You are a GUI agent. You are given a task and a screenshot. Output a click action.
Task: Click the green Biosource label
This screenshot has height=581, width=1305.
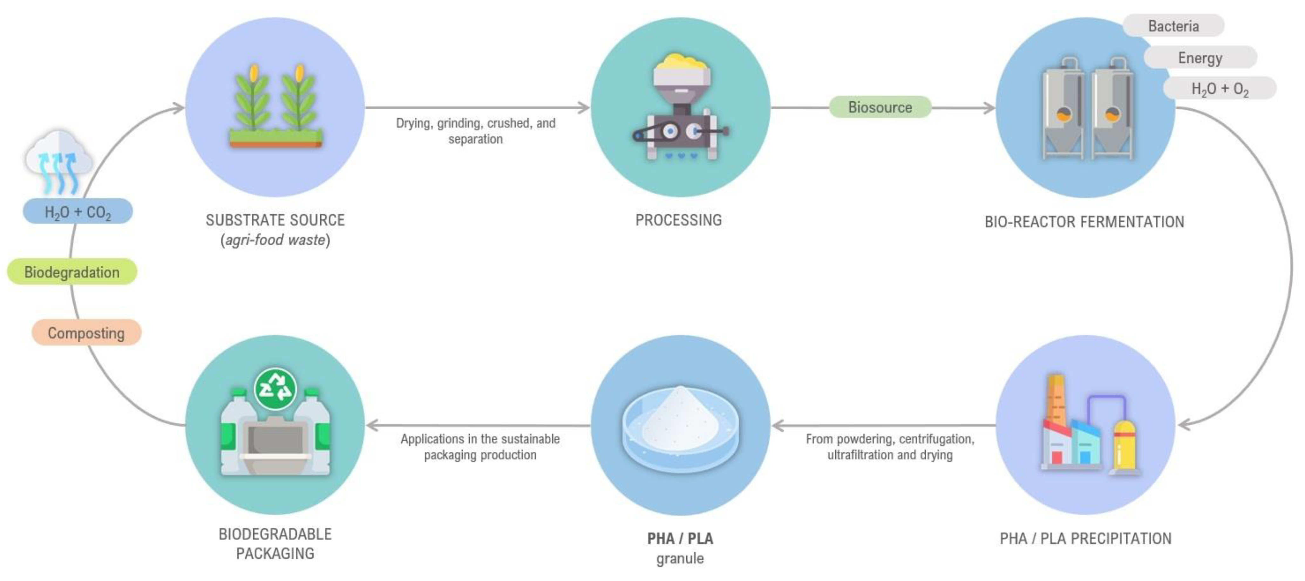(x=880, y=107)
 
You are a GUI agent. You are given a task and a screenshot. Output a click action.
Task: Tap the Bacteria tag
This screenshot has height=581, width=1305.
(x=1173, y=26)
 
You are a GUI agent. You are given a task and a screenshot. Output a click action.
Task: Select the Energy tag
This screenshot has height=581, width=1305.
(x=1200, y=58)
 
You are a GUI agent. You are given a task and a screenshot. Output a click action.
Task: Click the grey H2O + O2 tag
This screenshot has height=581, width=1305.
(x=1220, y=89)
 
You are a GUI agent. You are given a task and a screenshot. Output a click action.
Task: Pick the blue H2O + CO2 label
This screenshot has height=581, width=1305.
(x=78, y=212)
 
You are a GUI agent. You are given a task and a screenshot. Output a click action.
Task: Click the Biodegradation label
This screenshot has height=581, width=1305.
(x=72, y=272)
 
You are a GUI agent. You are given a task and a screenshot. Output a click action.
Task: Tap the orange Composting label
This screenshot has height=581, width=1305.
(x=86, y=333)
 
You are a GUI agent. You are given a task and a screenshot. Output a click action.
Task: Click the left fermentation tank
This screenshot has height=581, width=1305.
(x=1063, y=114)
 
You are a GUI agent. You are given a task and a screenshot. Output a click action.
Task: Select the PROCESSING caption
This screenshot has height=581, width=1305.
(x=678, y=220)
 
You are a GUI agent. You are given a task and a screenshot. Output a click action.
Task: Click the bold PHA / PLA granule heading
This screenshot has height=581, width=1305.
(x=680, y=538)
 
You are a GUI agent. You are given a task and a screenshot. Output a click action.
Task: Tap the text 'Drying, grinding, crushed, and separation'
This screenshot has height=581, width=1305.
(x=475, y=131)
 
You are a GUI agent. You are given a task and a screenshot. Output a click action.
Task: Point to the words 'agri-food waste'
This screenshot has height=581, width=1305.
(x=275, y=240)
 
